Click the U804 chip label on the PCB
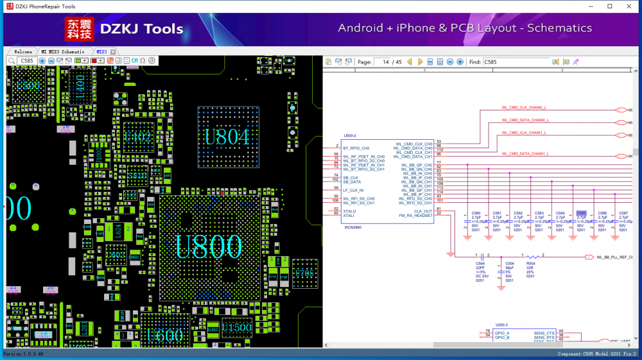227,137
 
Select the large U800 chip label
209,246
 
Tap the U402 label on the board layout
138,137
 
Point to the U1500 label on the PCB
238,328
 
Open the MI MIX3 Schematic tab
63,51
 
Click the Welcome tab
23,51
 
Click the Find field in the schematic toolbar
516,62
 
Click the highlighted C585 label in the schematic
581,213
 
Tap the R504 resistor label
531,263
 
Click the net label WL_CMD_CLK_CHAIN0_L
523,107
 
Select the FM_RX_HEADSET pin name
415,216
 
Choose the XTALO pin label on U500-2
350,210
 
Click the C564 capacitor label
480,263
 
